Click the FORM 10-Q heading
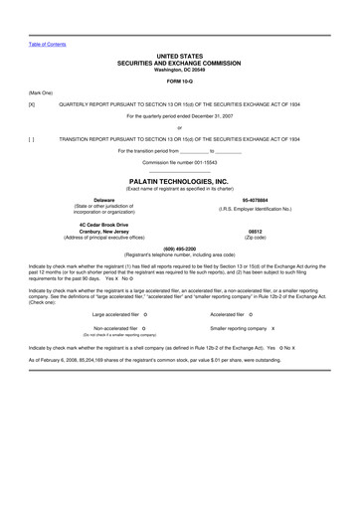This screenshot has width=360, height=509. point(179,81)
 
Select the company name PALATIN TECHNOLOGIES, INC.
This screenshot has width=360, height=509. point(180,182)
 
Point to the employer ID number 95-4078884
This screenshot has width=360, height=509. point(255,201)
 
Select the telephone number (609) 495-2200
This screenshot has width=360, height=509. point(180,248)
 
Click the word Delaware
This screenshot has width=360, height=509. point(103,201)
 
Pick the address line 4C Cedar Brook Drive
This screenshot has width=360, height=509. point(103,225)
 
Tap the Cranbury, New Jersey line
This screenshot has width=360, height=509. point(103,232)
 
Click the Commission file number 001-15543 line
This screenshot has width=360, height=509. point(180,161)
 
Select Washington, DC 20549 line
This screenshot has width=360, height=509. point(180,70)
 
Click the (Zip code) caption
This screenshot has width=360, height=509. point(255,238)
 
